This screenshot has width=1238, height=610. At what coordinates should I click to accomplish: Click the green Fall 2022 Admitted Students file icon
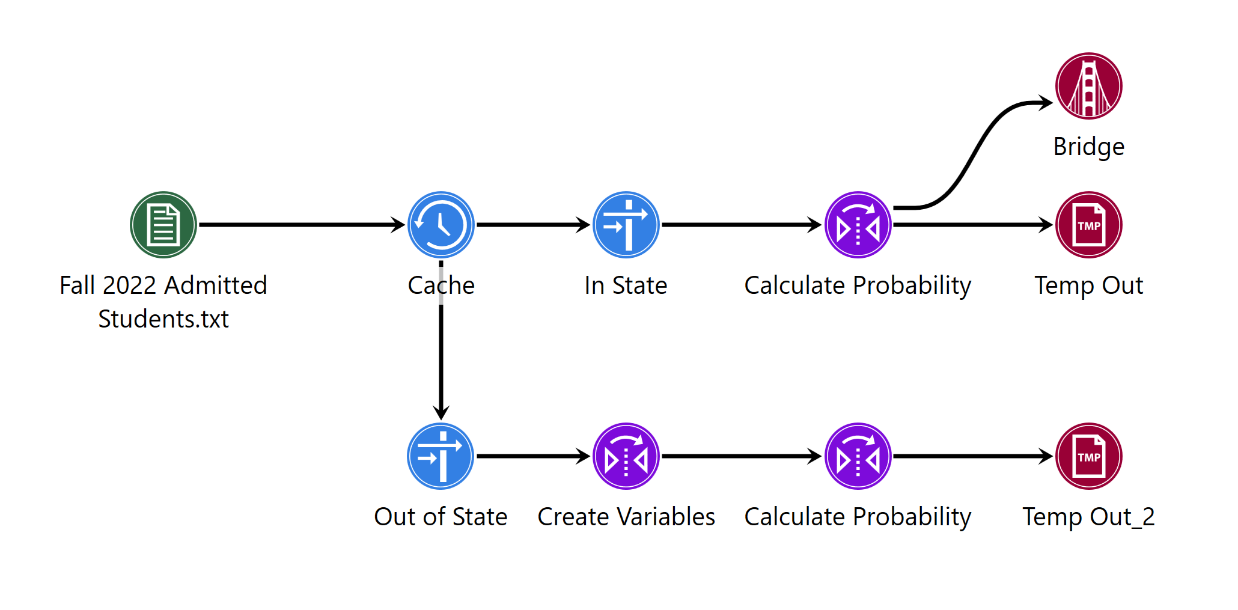163,225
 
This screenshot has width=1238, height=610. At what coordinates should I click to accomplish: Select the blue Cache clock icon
441,225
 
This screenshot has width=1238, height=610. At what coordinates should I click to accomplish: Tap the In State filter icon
626,225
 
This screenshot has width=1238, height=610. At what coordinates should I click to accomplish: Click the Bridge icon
1088,86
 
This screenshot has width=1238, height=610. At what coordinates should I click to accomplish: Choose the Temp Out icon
1088,225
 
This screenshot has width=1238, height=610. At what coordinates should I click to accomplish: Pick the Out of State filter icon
441,456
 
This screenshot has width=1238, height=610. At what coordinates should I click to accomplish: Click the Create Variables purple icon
626,456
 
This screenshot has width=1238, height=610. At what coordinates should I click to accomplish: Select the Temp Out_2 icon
1088,456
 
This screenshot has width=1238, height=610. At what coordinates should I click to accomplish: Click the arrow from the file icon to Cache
300,225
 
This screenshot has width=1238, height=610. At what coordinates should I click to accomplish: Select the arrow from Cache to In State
532,225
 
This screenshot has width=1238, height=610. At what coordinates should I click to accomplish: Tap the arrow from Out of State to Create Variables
532,456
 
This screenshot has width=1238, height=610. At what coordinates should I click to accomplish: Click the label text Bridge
1088,147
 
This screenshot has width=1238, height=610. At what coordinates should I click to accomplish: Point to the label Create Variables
626,517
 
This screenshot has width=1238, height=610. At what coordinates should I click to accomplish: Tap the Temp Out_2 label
1088,517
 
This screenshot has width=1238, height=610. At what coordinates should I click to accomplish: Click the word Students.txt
163,319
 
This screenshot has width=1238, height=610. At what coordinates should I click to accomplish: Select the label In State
626,285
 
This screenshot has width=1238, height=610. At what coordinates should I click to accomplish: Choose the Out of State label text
441,517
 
